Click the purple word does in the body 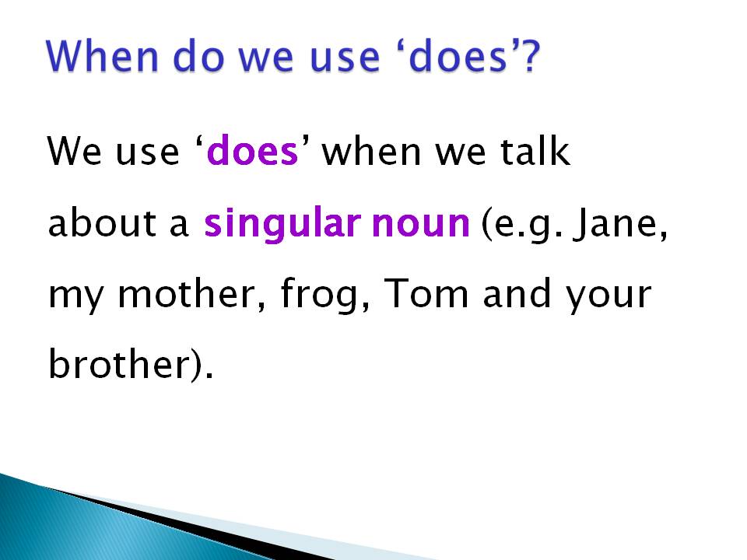[253, 152]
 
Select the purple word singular [281, 226]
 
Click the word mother [179, 296]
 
